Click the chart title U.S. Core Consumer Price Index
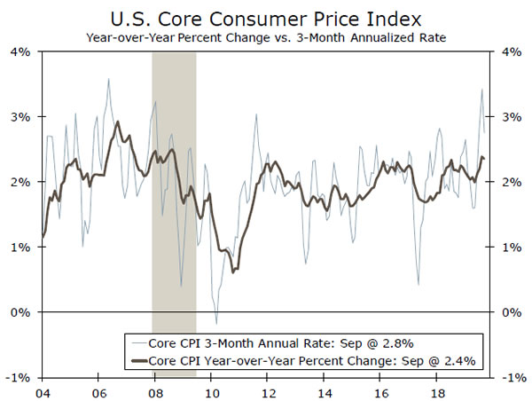[265, 17]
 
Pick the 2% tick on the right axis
[510, 182]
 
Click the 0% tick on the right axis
[510, 312]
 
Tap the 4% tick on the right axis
[510, 51]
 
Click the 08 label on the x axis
[155, 391]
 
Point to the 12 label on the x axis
[269, 391]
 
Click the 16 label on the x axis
[382, 391]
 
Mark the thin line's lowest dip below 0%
[215, 323]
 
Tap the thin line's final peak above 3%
[481, 90]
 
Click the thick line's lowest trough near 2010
[232, 271]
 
